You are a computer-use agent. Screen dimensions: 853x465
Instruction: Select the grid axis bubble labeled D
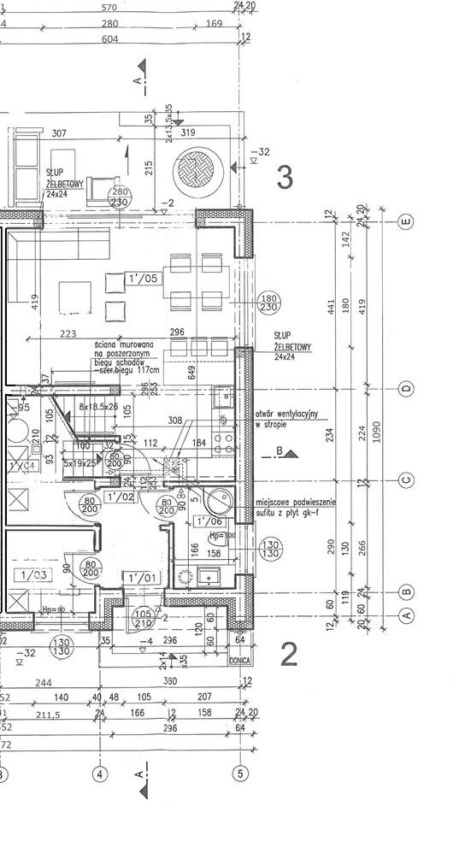407,389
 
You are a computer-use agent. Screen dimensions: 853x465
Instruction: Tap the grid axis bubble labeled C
407,480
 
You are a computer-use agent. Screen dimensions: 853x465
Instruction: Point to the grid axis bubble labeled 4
100,774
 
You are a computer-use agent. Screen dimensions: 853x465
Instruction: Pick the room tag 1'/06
209,520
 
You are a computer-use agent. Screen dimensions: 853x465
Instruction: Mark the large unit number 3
285,177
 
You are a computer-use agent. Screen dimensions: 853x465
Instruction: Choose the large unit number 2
289,655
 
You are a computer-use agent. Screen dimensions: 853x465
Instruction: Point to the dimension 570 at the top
109,8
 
